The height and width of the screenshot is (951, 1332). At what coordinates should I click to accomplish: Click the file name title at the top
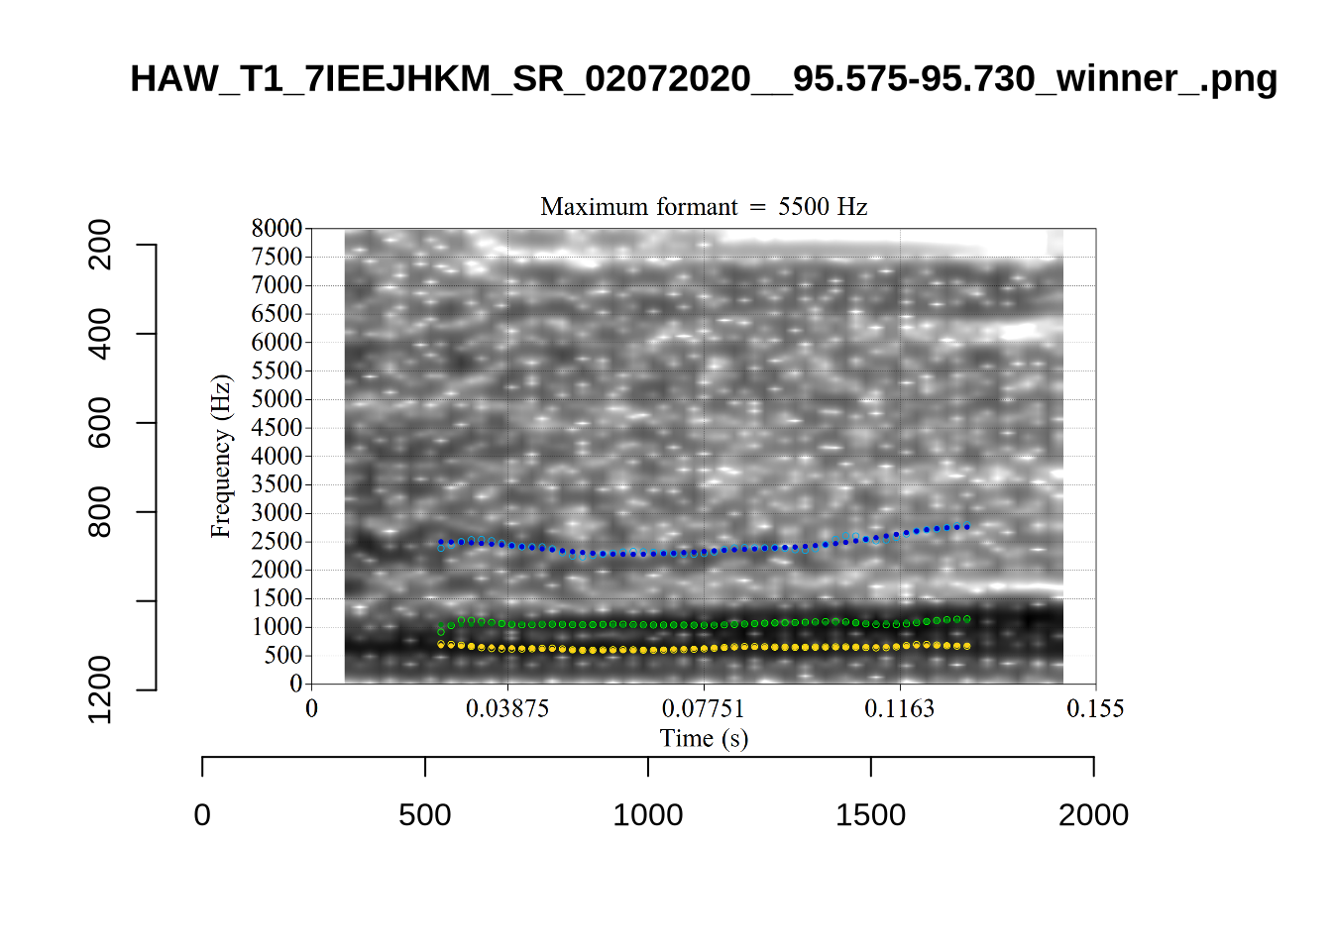pyautogui.click(x=704, y=78)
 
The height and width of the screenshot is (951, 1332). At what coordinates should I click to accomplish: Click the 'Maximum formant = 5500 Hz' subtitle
pyautogui.click(x=704, y=207)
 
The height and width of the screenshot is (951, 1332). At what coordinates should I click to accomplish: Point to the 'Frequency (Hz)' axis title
pyautogui.click(x=220, y=457)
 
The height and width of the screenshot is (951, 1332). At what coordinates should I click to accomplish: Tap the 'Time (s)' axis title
pyautogui.click(x=704, y=738)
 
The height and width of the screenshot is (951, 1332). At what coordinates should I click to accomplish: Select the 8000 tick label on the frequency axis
pyautogui.click(x=277, y=229)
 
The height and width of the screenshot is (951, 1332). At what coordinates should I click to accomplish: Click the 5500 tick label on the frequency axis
pyautogui.click(x=277, y=370)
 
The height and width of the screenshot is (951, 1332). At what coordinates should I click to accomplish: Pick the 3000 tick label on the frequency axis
pyautogui.click(x=277, y=513)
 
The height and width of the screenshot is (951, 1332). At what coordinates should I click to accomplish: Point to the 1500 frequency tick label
pyautogui.click(x=277, y=598)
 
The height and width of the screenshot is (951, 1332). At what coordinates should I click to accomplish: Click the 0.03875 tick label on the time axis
pyautogui.click(x=507, y=708)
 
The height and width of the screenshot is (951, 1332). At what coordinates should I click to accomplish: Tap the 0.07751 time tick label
pyautogui.click(x=703, y=708)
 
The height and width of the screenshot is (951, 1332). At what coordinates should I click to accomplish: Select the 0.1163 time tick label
pyautogui.click(x=899, y=708)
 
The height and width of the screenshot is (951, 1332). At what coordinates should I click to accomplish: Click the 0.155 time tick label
pyautogui.click(x=1095, y=708)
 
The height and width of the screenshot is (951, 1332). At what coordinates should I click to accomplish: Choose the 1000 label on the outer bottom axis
pyautogui.click(x=648, y=814)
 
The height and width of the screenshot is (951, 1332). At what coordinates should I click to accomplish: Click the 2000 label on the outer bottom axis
pyautogui.click(x=1093, y=814)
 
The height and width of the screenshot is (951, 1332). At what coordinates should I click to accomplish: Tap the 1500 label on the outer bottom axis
pyautogui.click(x=870, y=814)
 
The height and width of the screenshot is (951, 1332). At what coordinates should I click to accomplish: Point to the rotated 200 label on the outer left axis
pyautogui.click(x=100, y=245)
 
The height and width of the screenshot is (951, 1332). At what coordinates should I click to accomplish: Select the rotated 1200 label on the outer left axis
pyautogui.click(x=100, y=689)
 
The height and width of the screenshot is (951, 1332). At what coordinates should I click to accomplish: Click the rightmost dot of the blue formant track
pyautogui.click(x=967, y=526)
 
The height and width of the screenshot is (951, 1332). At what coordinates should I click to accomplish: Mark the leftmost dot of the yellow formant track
pyautogui.click(x=441, y=644)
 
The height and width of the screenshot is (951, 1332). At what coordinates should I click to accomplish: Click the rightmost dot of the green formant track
pyautogui.click(x=967, y=619)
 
